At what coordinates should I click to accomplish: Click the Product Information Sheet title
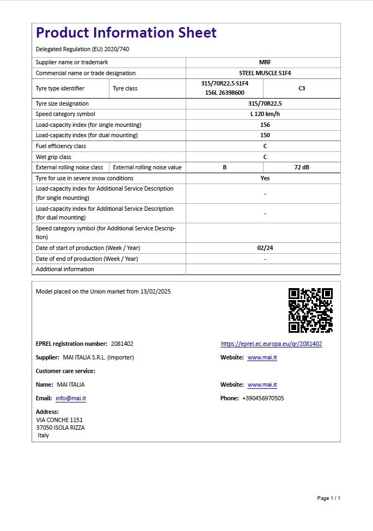point(126,33)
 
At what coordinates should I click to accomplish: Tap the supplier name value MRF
point(265,63)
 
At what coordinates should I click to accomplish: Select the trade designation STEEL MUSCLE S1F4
point(265,73)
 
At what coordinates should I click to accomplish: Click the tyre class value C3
point(302,88)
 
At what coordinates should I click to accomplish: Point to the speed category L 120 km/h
point(265,114)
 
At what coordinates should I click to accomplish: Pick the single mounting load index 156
point(265,125)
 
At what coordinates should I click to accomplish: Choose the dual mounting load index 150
point(265,135)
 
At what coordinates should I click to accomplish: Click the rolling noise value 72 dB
point(302,168)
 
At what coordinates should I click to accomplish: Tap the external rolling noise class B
point(224,168)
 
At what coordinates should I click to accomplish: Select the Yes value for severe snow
point(265,178)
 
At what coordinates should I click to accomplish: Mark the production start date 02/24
point(265,248)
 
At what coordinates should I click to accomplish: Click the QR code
point(310,310)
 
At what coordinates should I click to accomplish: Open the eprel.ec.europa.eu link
point(271,344)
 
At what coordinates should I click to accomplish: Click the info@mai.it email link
point(71,399)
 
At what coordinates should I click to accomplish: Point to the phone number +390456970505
point(263,399)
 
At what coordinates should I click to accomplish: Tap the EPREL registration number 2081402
point(122,344)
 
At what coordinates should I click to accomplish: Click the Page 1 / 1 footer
point(328,498)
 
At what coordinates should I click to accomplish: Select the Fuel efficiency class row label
point(61,146)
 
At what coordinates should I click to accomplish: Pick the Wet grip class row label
point(53,157)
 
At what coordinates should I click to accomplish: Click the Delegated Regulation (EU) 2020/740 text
point(82,49)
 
